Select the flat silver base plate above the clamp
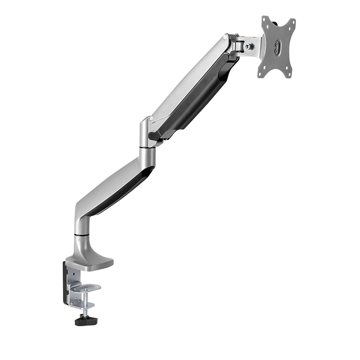tap(92, 261)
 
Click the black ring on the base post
tap(80, 234)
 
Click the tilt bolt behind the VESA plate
tap(248, 46)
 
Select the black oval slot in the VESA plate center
tap(277, 47)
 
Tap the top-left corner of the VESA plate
tap(265, 20)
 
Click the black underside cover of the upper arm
tap(200, 99)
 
